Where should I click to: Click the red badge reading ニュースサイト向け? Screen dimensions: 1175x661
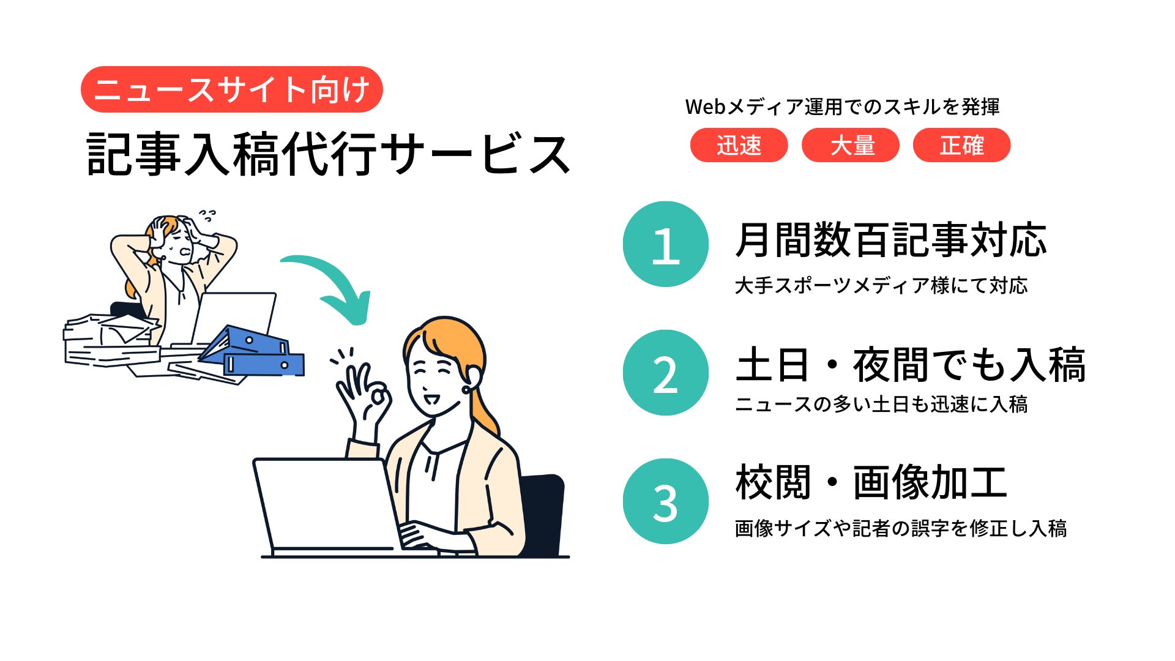231,89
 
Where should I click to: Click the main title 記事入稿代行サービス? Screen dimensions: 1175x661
329,154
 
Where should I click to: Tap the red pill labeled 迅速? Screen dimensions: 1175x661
739,145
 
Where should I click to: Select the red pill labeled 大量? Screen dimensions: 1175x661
851,145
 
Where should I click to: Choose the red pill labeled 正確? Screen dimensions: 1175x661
961,145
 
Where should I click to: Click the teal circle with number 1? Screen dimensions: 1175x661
666,244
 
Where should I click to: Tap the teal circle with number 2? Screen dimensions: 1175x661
666,373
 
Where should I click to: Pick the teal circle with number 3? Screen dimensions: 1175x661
666,501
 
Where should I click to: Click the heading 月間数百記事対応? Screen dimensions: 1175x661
891,239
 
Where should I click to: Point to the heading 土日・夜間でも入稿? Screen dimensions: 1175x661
911,365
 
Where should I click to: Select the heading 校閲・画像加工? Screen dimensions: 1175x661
871,482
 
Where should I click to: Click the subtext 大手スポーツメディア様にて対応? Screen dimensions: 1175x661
881,285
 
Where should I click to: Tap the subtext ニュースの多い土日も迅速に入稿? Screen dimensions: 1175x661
881,404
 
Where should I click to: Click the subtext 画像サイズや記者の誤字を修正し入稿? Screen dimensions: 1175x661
901,528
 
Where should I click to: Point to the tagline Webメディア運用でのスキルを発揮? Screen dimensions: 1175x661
842,106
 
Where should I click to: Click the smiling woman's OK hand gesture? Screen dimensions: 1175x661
365,397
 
